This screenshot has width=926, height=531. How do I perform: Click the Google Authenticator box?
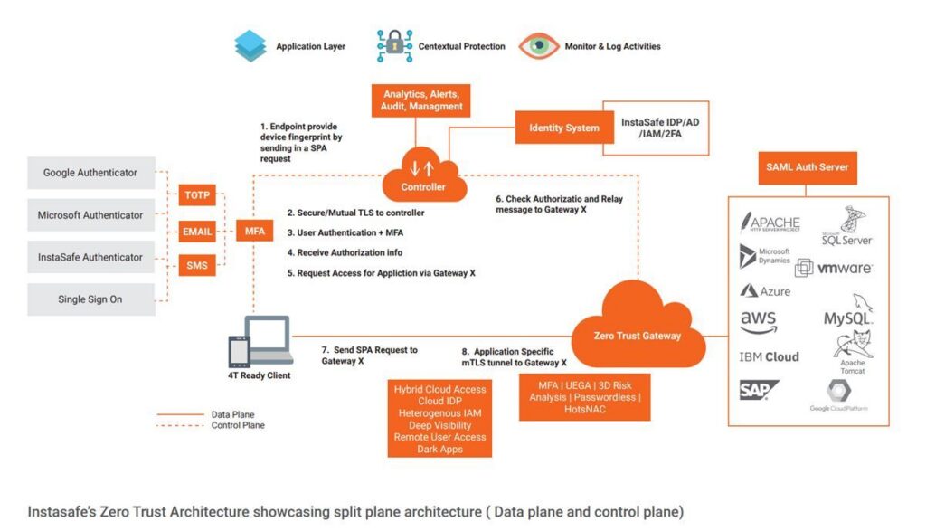[91, 173]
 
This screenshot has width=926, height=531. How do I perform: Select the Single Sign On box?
[91, 299]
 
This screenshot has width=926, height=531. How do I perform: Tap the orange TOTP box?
[197, 194]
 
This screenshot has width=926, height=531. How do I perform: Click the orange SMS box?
[197, 266]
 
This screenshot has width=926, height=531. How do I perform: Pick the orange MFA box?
[255, 232]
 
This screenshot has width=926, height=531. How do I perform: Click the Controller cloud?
[423, 176]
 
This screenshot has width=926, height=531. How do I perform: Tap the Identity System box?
[563, 128]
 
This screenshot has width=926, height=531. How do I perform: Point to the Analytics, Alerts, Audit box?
[422, 100]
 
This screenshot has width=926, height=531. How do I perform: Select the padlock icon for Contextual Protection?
[393, 45]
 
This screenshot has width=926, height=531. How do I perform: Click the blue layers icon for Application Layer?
[250, 45]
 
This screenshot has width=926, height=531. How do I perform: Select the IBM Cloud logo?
[769, 356]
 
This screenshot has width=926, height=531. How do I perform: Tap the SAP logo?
[758, 390]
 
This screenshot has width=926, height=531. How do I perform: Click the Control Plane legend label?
[238, 425]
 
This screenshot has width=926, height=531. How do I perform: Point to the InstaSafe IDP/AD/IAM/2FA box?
[656, 128]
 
